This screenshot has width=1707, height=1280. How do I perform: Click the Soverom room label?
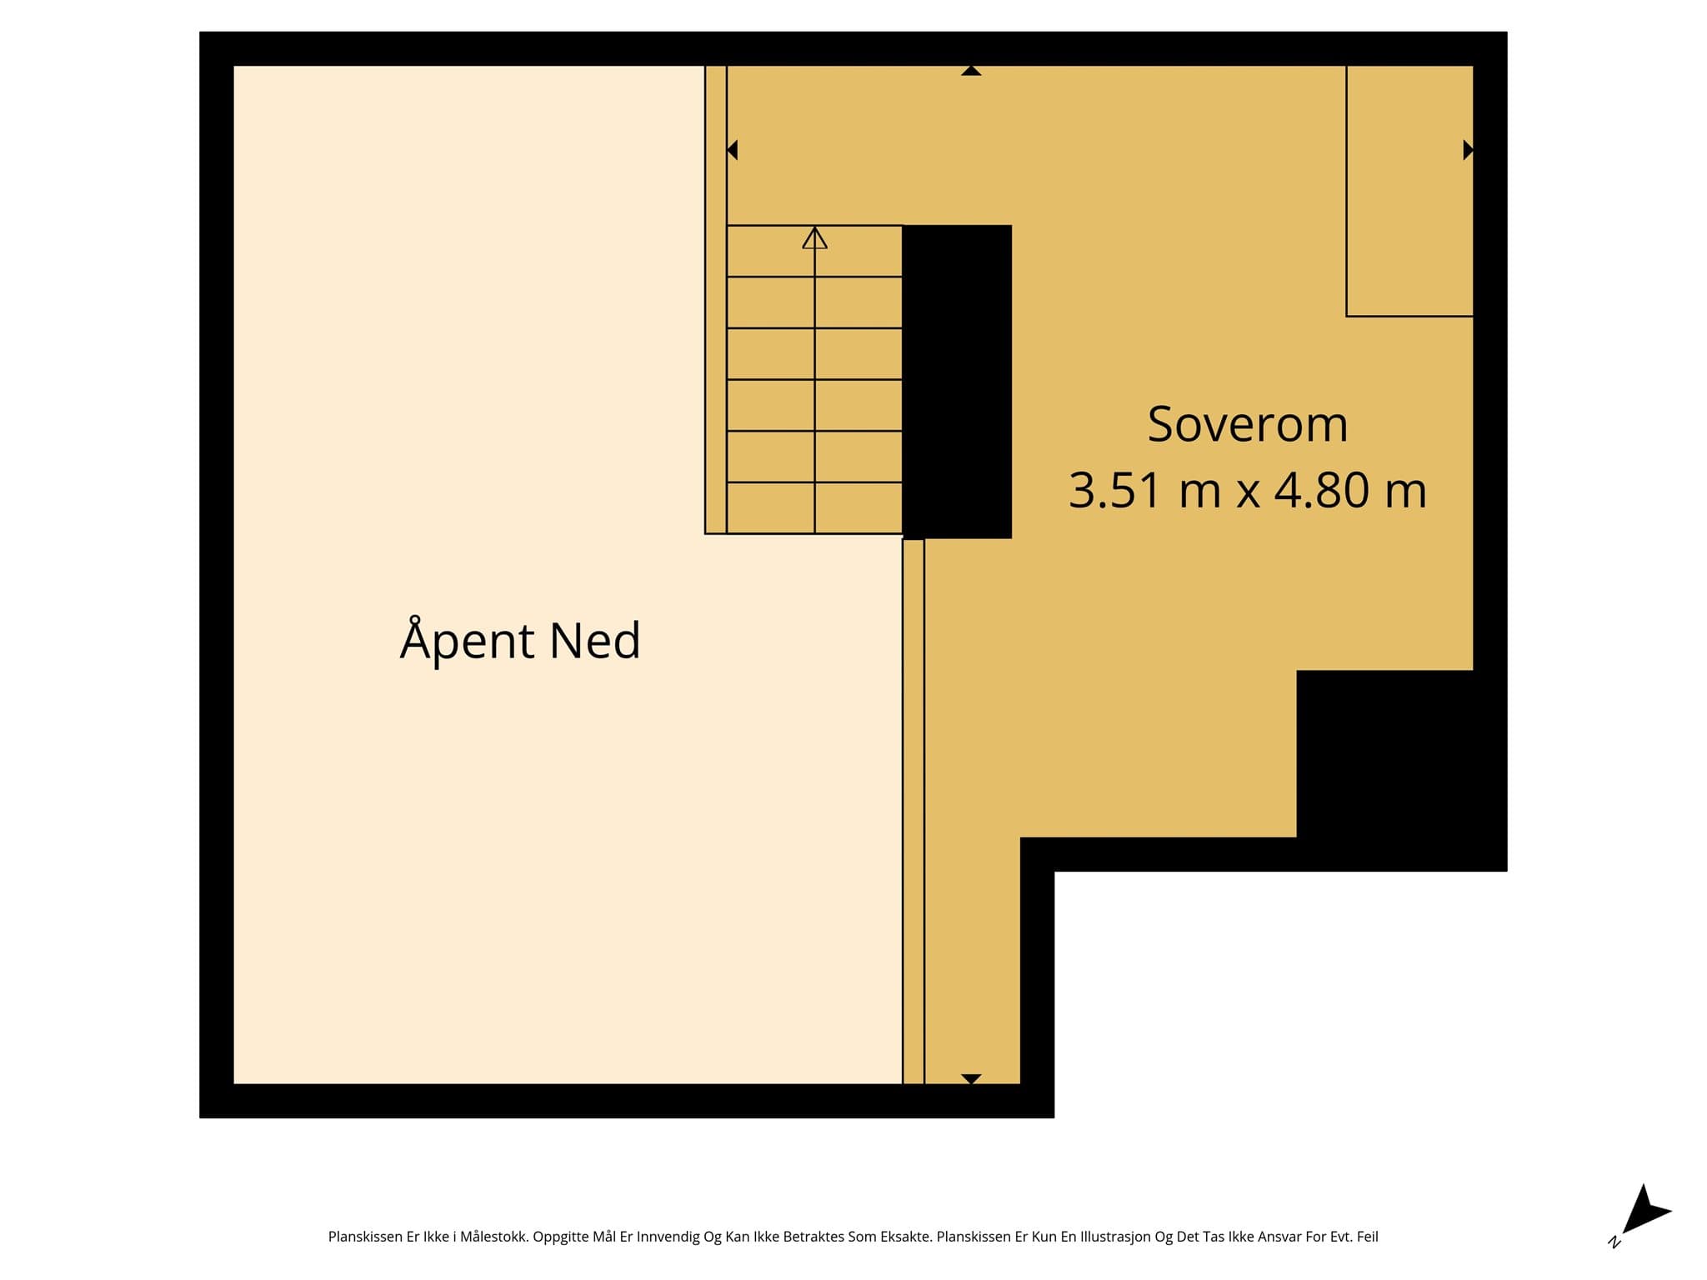[x=1247, y=424]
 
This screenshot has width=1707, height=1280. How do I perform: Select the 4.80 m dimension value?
[x=1350, y=490]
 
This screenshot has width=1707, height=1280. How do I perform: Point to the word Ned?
[x=595, y=640]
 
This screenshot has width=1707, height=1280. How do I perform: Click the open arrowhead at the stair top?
[x=814, y=237]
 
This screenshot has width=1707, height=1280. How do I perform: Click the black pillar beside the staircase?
[x=957, y=382]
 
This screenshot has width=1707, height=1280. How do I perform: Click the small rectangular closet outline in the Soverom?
[x=1409, y=191]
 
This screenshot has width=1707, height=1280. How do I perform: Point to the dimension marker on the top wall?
[x=971, y=71]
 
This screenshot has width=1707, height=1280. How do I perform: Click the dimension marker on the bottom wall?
[x=971, y=1079]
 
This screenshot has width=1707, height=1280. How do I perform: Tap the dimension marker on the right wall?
[x=1469, y=150]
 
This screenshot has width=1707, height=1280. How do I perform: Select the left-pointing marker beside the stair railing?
[x=732, y=150]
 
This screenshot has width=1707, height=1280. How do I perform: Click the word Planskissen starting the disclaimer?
[x=365, y=1237]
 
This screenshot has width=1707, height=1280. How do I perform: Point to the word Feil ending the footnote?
[x=1367, y=1237]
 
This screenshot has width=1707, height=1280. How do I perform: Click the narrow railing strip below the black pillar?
[x=914, y=812]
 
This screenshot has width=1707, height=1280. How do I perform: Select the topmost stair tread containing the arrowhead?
[x=814, y=251]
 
